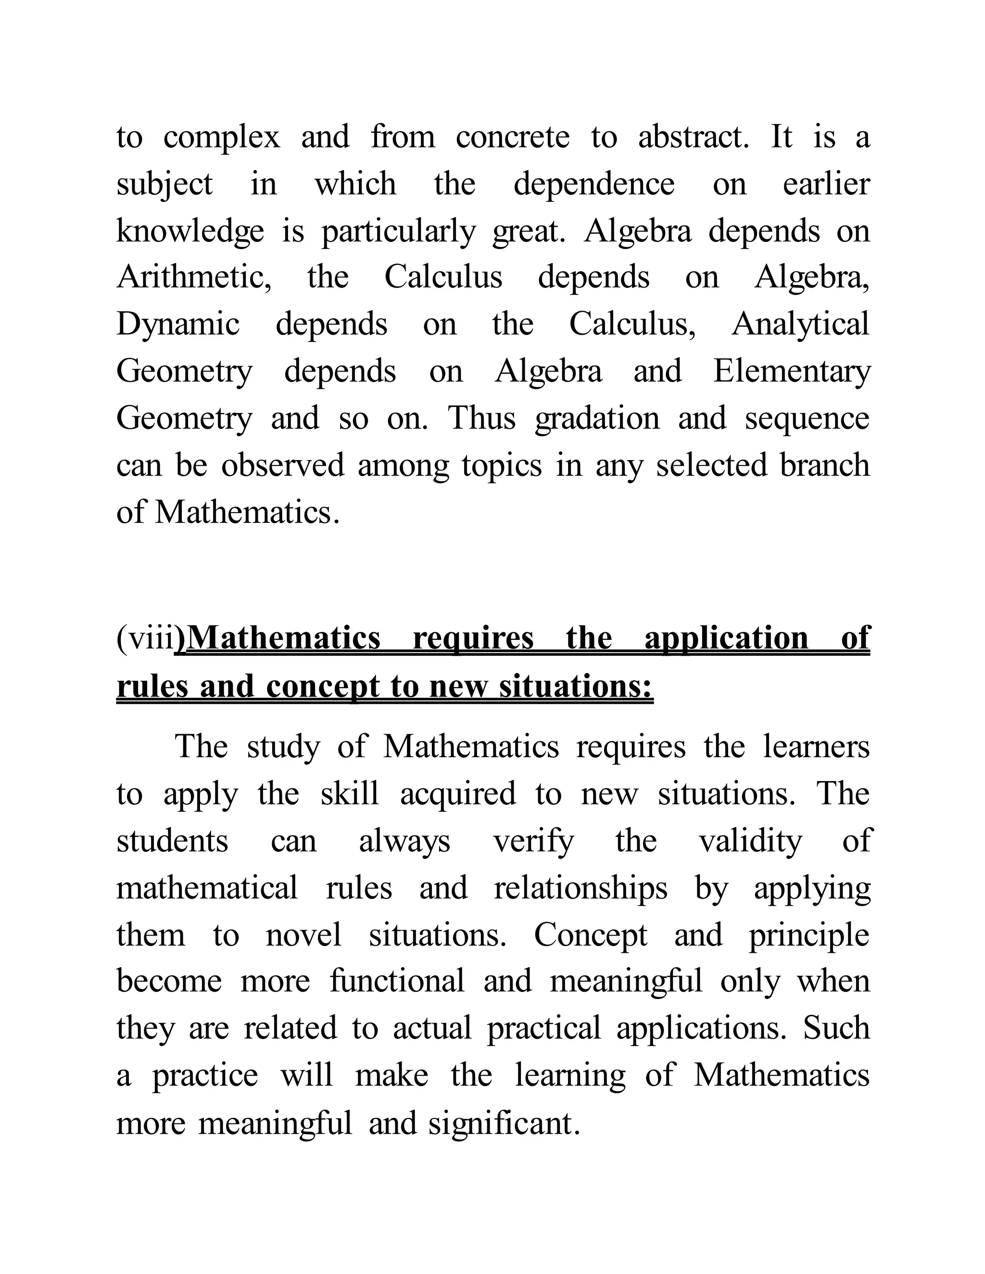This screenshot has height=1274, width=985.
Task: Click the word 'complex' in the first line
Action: (221, 139)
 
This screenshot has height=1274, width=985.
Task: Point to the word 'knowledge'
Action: (189, 232)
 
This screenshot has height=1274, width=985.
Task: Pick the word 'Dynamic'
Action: (178, 325)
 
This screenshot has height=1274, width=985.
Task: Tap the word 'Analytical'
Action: (800, 325)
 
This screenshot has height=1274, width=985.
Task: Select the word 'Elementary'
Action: (791, 372)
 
